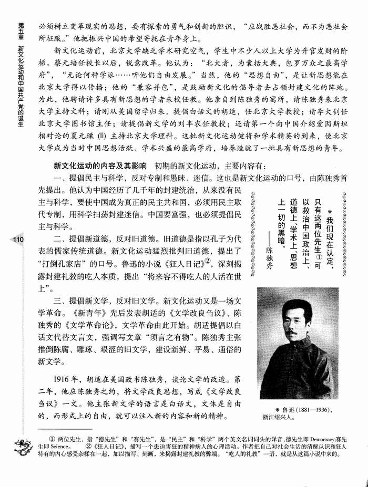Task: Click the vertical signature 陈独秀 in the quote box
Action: [x=270, y=257]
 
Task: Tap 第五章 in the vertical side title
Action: [x=21, y=31]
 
